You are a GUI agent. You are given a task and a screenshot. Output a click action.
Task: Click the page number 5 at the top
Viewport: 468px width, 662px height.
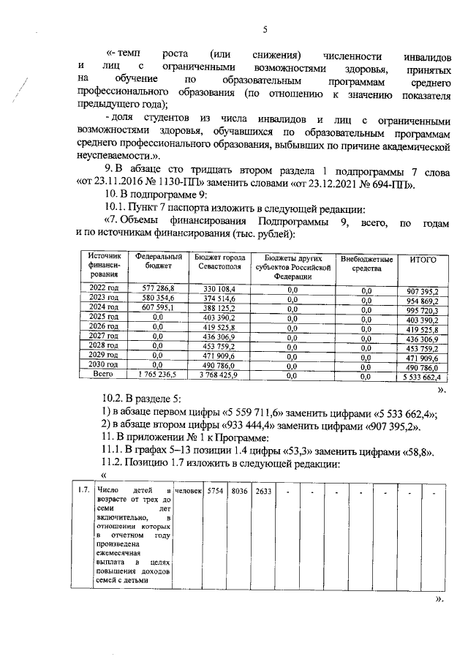click(x=265, y=29)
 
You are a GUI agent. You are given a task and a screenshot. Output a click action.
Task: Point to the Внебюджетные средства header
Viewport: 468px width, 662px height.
click(x=366, y=264)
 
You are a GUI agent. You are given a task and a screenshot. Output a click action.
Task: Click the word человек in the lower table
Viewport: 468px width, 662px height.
click(x=189, y=490)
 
